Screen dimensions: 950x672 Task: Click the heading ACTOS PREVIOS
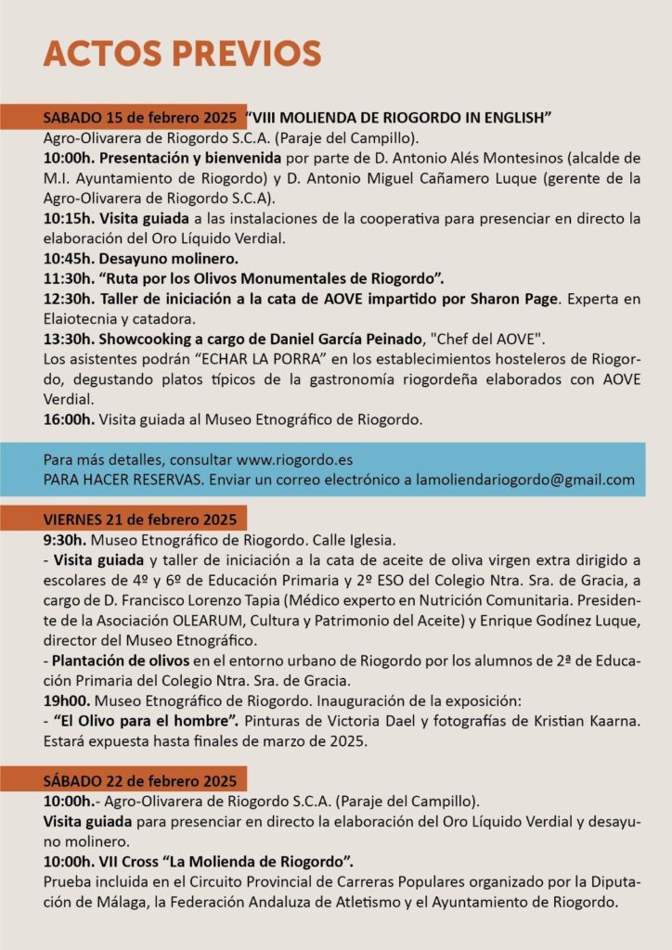182,53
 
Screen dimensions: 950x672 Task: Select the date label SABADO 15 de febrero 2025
144,118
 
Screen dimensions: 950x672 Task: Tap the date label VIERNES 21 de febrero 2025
140,519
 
